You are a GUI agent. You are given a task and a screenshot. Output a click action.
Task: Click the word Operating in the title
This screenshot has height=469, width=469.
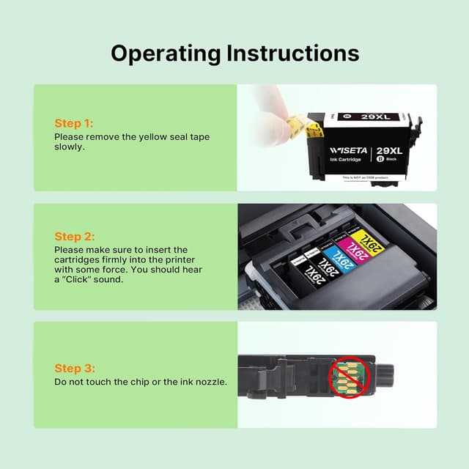(166, 53)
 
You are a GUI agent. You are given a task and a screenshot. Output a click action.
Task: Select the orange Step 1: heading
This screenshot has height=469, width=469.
(73, 123)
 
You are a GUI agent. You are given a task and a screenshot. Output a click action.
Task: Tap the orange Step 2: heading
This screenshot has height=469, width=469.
(74, 237)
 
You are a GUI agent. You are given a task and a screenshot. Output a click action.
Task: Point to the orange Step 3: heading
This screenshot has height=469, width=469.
(74, 369)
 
